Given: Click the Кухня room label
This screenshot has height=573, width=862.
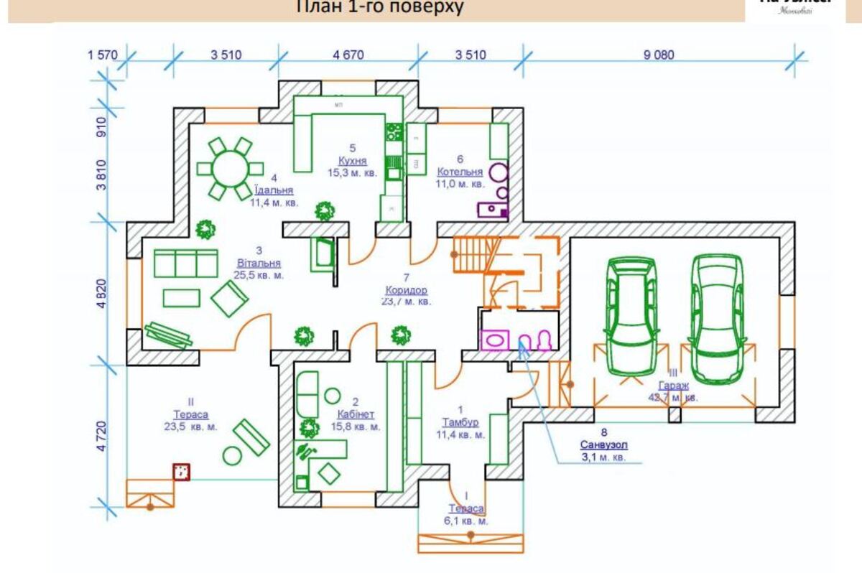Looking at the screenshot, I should point(353,160).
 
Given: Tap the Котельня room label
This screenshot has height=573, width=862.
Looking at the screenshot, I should point(460,172).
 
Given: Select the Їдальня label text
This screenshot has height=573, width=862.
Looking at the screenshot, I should point(274,191).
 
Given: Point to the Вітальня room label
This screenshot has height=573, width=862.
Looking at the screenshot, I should point(257,263).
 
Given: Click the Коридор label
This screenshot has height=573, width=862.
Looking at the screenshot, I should point(406,290).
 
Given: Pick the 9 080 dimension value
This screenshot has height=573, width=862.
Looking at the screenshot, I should point(659,55).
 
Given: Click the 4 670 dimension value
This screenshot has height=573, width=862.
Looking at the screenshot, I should point(348,55).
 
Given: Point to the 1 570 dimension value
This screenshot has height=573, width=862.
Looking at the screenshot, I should point(102,55).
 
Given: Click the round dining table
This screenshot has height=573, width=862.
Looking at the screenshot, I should point(226,169).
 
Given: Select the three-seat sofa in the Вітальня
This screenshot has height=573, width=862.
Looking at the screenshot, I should point(186,263).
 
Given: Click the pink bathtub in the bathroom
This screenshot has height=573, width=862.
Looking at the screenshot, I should point(495,339).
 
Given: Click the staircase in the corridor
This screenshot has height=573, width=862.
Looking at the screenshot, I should point(471,254).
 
